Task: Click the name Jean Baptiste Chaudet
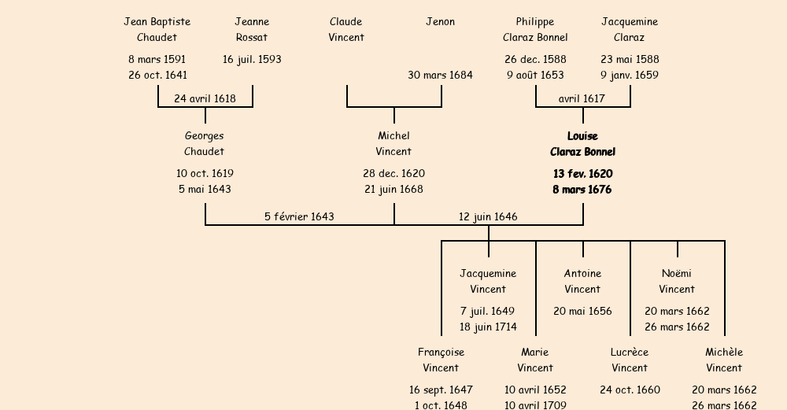[157, 30]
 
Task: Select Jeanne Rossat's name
[252, 30]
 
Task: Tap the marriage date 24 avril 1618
[205, 99]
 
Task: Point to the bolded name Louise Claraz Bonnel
[582, 144]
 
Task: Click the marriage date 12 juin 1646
[488, 217]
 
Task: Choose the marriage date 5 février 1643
[299, 217]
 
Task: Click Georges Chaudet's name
[205, 144]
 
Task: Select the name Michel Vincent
[393, 144]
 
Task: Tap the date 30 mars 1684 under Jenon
[440, 76]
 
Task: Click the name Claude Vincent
[346, 30]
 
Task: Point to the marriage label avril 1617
[582, 99]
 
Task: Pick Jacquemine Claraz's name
[630, 30]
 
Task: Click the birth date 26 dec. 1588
[535, 60]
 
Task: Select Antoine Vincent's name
[582, 282]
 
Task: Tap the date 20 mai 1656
[582, 312]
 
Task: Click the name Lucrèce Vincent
[630, 360]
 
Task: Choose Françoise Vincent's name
[441, 360]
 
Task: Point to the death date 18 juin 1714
[488, 327]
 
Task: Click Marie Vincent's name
[535, 360]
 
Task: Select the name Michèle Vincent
[724, 360]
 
